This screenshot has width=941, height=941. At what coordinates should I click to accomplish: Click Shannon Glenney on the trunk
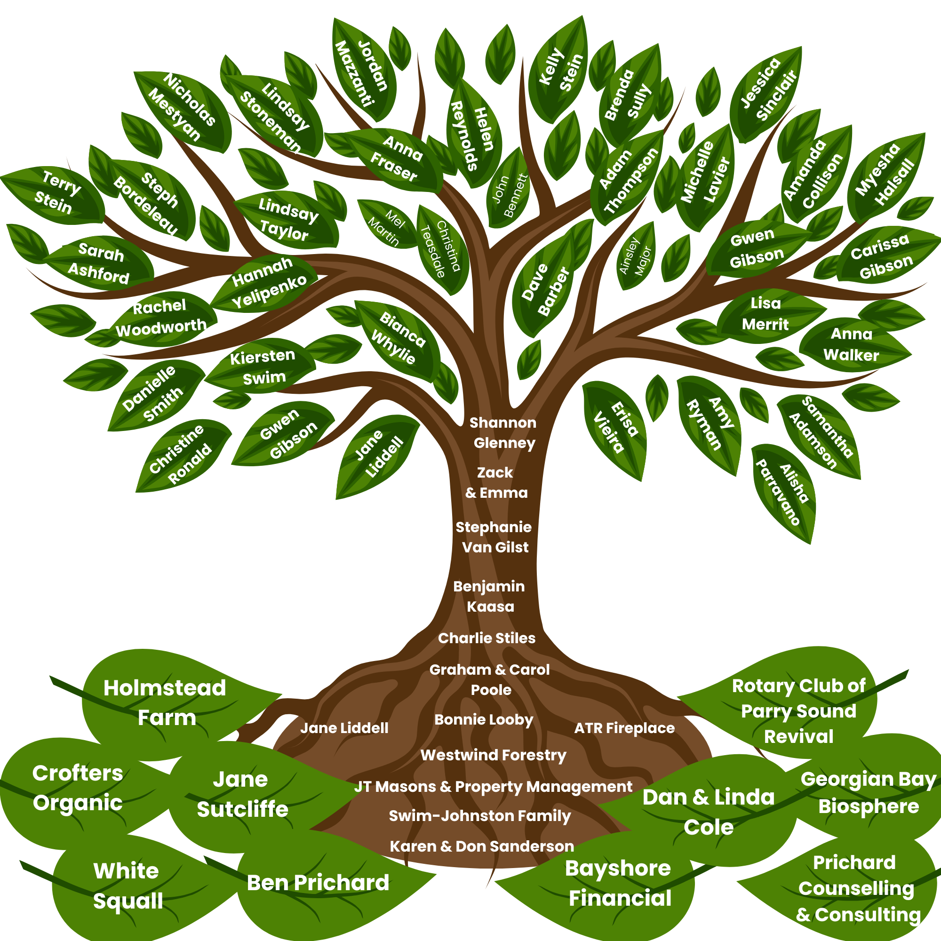tap(503, 432)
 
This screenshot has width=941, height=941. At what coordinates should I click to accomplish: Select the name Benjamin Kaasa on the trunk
tap(489, 596)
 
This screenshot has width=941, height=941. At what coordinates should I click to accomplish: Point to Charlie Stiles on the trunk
tap(486, 638)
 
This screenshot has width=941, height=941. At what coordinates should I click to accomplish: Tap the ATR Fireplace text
tap(624, 728)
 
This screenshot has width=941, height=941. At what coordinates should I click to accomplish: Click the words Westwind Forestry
tap(494, 755)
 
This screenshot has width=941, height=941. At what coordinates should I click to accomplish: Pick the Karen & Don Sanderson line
tap(482, 846)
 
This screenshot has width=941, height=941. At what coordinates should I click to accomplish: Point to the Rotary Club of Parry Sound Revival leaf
tap(799, 711)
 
